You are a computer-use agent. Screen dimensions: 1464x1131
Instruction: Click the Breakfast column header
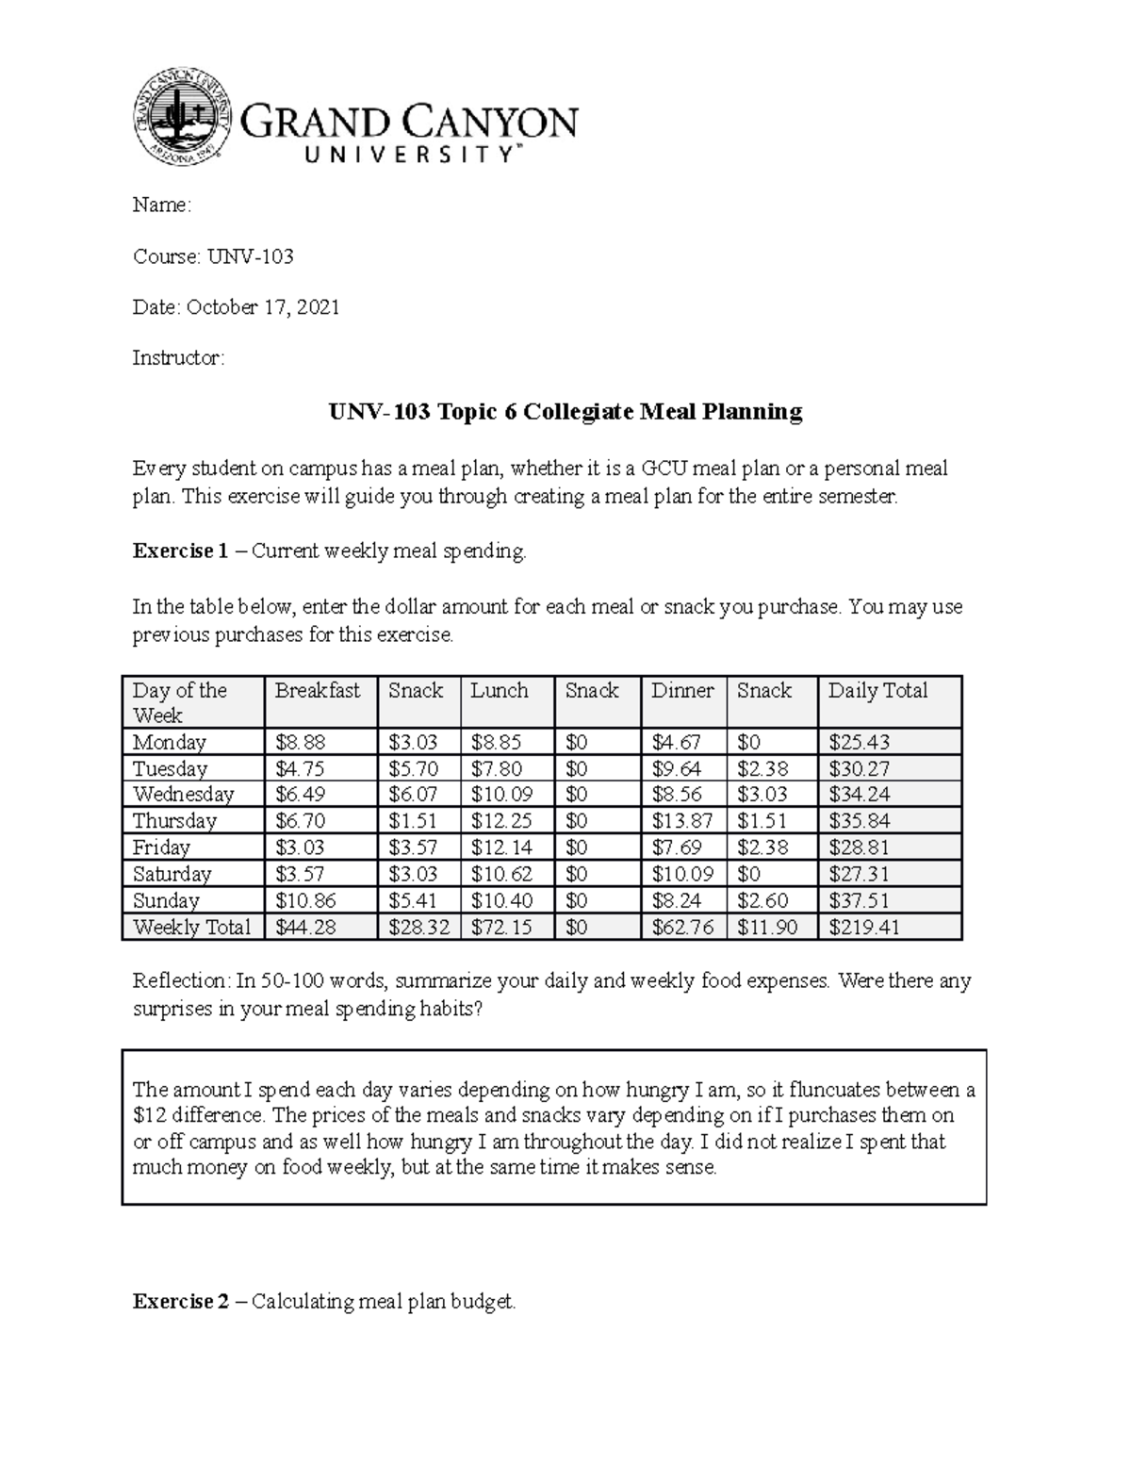(x=317, y=690)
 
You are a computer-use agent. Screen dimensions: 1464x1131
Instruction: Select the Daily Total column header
(x=877, y=690)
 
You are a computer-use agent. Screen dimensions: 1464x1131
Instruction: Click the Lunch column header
(x=500, y=690)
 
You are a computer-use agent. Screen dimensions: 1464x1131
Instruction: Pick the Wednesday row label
(x=183, y=795)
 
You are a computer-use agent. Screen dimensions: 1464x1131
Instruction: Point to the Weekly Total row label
(x=191, y=927)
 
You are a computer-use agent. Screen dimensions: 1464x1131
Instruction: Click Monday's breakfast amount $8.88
(x=299, y=742)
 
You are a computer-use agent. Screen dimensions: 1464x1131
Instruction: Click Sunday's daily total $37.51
(x=859, y=900)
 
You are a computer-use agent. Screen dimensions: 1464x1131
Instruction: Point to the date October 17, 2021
(x=263, y=307)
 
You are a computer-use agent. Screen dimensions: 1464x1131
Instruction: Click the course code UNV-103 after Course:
(x=251, y=256)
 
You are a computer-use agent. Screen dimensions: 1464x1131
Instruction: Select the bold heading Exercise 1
(x=180, y=551)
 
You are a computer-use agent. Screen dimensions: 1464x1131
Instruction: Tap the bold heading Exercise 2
(x=180, y=1302)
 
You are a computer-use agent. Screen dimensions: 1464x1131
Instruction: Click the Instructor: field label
(x=178, y=358)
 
